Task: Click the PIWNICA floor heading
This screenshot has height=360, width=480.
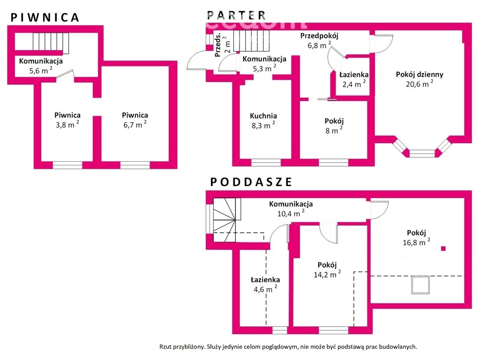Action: tap(45, 17)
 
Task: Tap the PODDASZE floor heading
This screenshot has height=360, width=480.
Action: tap(251, 182)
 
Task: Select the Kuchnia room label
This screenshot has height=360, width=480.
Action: tap(263, 116)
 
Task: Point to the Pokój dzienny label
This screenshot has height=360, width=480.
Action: tap(420, 74)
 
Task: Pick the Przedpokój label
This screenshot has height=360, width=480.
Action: tap(319, 36)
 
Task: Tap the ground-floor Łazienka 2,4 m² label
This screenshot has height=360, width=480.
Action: tap(354, 75)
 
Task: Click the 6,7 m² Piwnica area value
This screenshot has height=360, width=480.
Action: tap(135, 125)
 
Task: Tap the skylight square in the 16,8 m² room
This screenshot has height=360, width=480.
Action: tap(420, 285)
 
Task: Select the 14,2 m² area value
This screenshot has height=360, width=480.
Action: tap(327, 275)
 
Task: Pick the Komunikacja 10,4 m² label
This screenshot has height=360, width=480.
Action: tap(291, 204)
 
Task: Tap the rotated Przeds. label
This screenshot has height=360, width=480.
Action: tap(218, 45)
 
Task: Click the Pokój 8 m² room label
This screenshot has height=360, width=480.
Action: tap(334, 121)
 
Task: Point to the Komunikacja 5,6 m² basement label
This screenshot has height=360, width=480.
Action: tap(41, 61)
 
